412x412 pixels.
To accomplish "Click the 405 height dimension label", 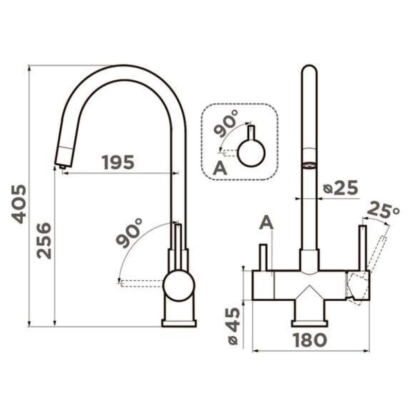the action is tap(19, 204).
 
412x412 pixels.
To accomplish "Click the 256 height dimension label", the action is tap(44, 241).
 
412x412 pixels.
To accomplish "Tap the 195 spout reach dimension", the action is tap(118, 162).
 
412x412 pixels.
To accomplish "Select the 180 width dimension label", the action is tap(310, 340).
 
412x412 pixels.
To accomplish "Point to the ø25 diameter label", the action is tap(340, 187).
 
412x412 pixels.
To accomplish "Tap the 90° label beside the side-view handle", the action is tap(128, 233).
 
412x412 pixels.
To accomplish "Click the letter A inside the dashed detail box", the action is tap(220, 168).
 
